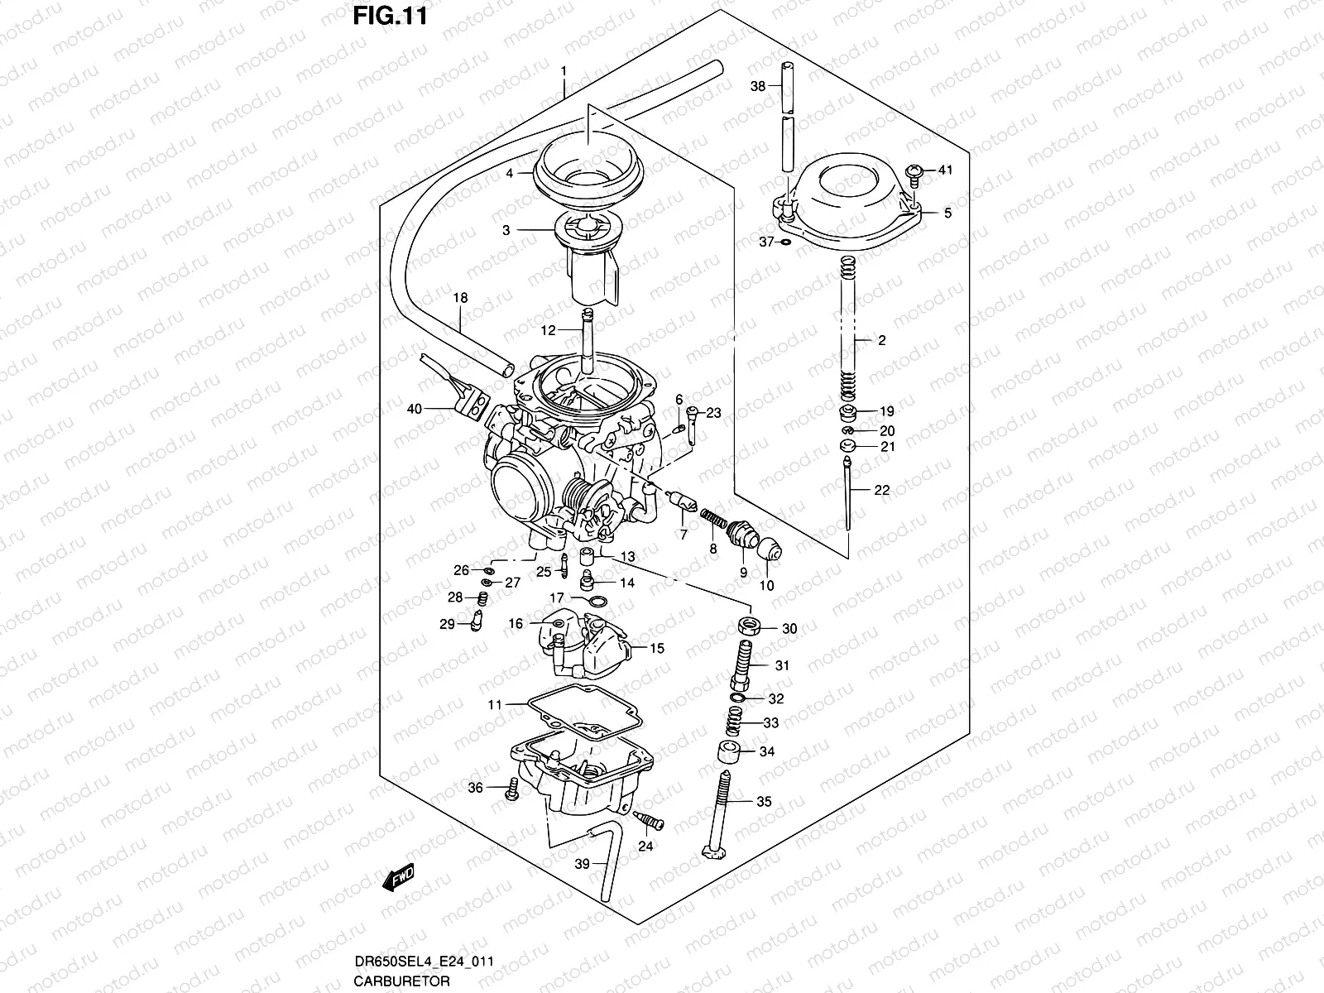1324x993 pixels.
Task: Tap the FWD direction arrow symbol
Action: (400, 878)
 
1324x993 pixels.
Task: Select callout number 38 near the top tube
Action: (758, 86)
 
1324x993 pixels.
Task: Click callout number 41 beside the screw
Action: (945, 170)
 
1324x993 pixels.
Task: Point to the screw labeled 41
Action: (914, 173)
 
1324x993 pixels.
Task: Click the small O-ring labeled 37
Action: (785, 242)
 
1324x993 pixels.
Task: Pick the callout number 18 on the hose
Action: (460, 297)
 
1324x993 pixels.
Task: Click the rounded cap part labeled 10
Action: (769, 548)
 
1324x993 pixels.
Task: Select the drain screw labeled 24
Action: (652, 821)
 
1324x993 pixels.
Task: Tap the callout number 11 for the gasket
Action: (495, 705)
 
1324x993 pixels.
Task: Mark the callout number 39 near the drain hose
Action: (582, 864)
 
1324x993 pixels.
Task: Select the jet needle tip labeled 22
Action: (849, 521)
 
